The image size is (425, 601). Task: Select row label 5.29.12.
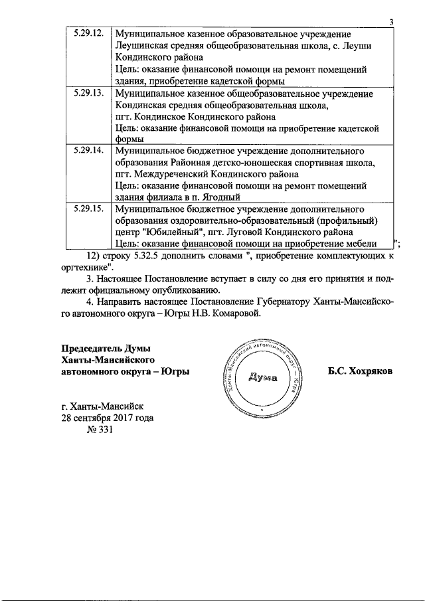89,33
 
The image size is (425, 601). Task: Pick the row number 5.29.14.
89,151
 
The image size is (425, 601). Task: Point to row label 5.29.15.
89,209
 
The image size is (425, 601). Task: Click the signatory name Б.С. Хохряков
360,372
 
